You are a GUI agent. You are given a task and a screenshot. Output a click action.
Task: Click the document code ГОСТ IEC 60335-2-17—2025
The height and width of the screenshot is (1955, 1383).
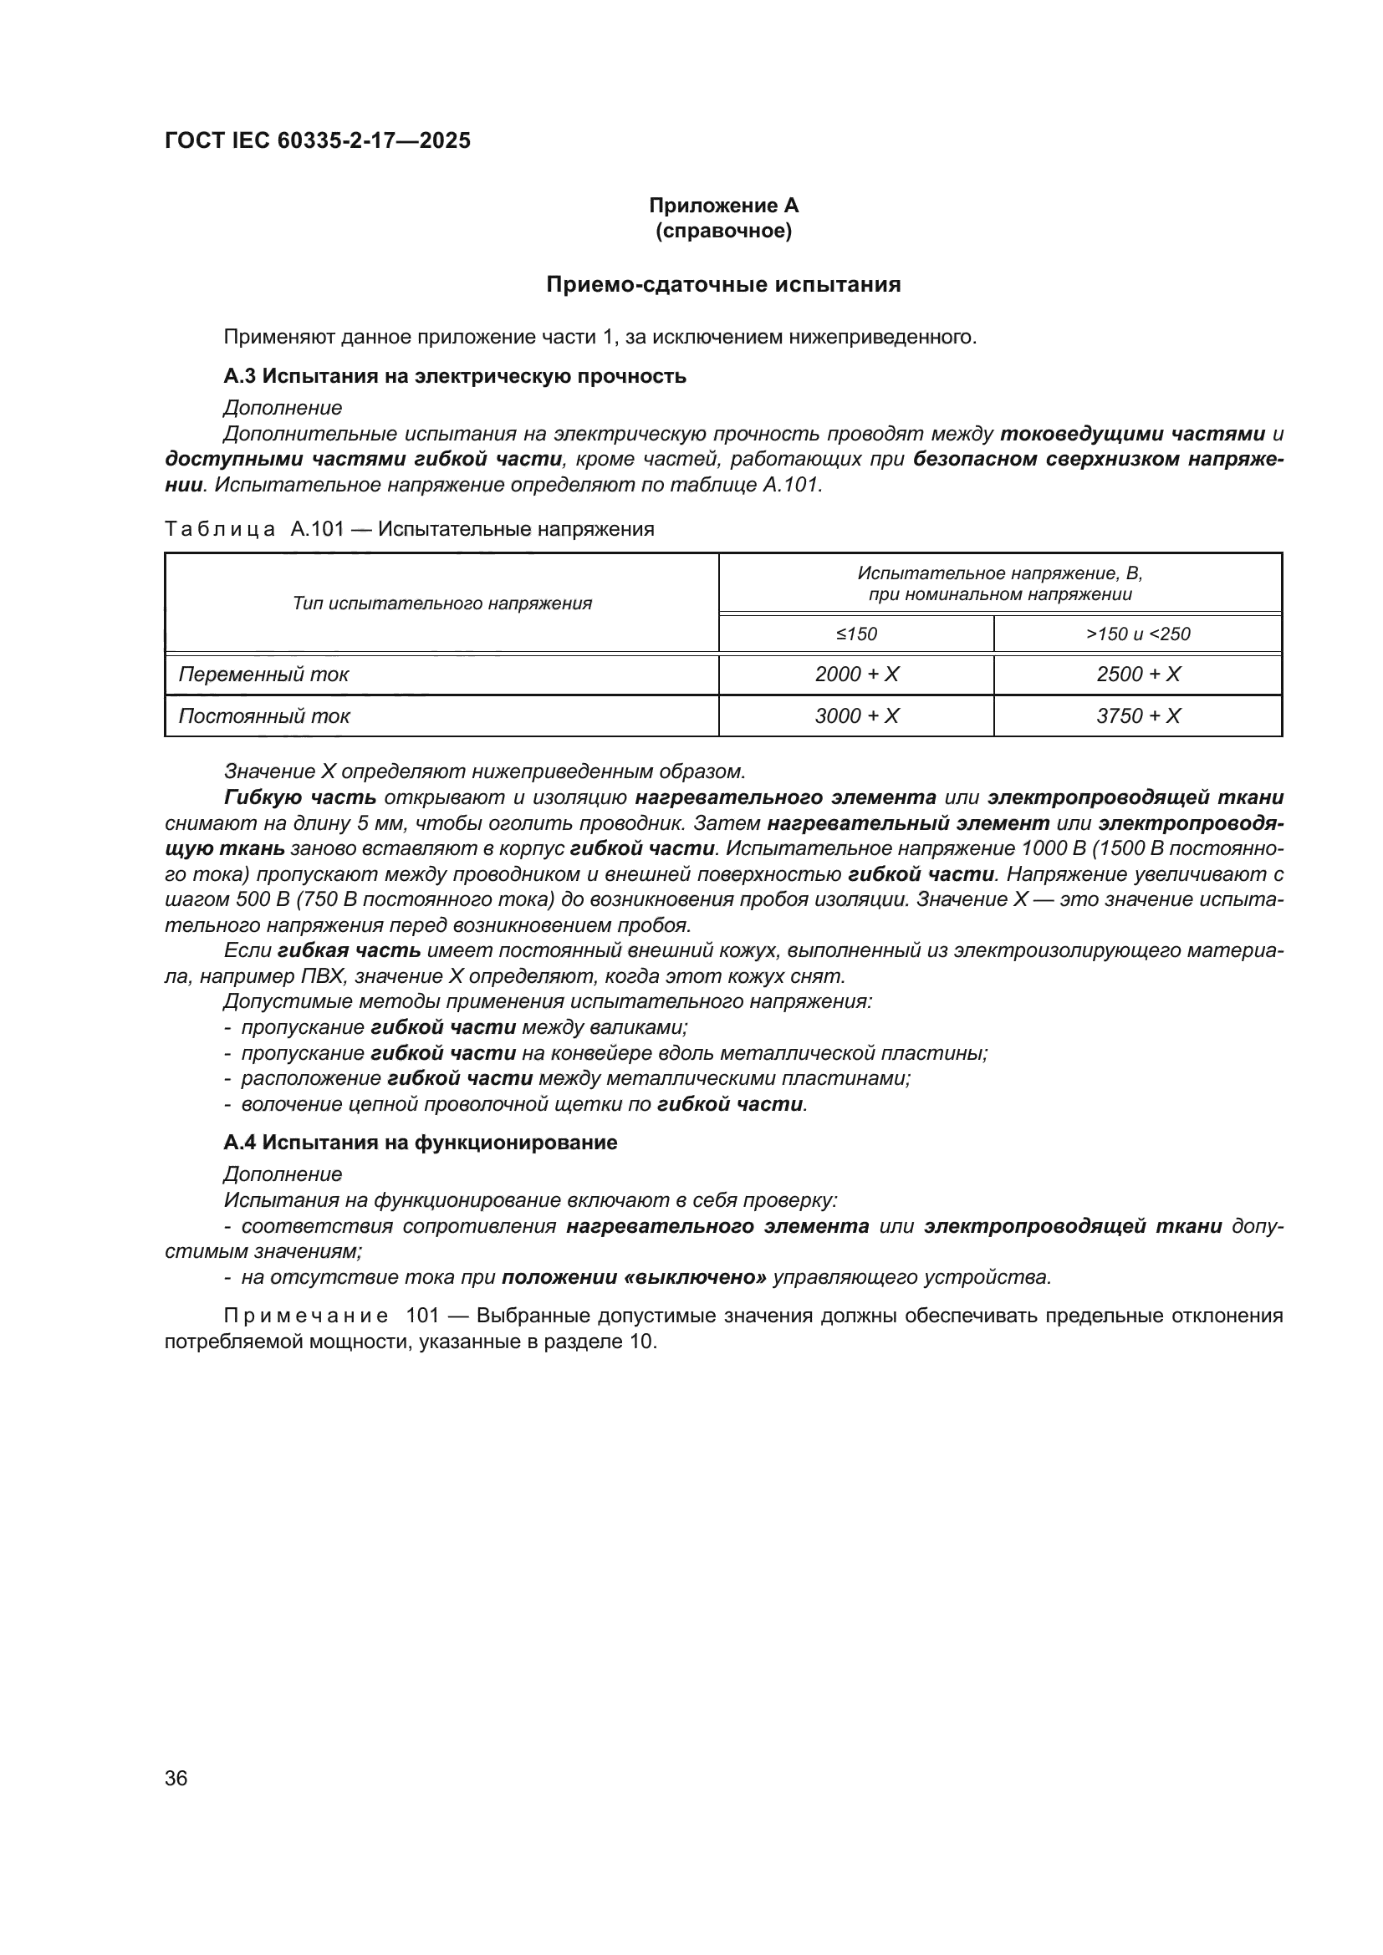coord(317,140)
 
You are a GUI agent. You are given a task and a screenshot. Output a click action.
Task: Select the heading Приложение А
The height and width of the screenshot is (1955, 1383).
coord(723,206)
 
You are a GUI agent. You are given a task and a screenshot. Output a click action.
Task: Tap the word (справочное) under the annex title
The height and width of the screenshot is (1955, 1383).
coord(723,231)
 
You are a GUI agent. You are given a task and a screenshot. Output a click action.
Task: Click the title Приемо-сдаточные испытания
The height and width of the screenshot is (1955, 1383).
coord(723,284)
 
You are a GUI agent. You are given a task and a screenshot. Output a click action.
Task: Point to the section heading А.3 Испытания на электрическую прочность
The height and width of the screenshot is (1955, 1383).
coord(455,375)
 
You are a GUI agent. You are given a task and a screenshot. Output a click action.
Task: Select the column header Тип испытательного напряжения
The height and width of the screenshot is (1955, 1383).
coord(442,603)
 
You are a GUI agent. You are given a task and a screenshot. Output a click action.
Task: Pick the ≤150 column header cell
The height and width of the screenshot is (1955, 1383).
coord(856,634)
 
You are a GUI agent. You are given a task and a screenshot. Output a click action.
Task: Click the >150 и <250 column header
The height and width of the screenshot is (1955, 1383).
coord(1138,634)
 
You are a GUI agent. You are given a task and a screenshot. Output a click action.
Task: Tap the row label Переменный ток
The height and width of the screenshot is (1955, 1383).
coord(264,675)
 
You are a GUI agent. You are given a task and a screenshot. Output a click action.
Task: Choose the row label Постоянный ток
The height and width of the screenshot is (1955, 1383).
coord(264,716)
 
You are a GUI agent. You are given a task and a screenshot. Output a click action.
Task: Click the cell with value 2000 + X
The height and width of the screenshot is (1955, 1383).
coord(856,675)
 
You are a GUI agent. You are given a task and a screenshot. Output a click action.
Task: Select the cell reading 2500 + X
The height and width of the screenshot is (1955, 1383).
coord(1138,675)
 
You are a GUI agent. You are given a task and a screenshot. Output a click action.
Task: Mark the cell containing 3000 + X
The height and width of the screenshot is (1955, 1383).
coord(856,716)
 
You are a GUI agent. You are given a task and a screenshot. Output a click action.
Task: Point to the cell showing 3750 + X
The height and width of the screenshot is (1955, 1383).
coord(1138,716)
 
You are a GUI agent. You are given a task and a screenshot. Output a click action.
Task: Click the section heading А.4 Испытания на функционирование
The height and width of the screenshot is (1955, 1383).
coord(420,1143)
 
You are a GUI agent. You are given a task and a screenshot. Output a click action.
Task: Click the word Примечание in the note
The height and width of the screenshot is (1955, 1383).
coord(306,1316)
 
